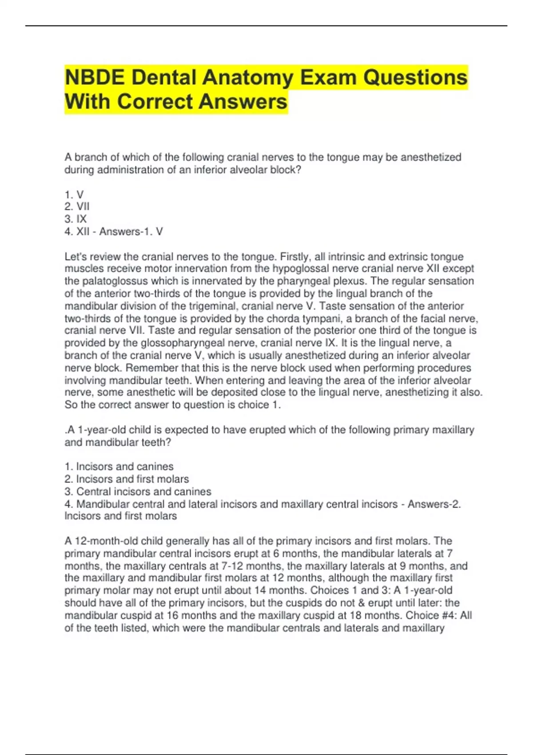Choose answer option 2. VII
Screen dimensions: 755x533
[77, 207]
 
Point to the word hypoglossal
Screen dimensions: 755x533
[300, 269]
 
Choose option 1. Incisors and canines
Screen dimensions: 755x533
[119, 466]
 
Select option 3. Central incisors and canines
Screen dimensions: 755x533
[138, 492]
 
